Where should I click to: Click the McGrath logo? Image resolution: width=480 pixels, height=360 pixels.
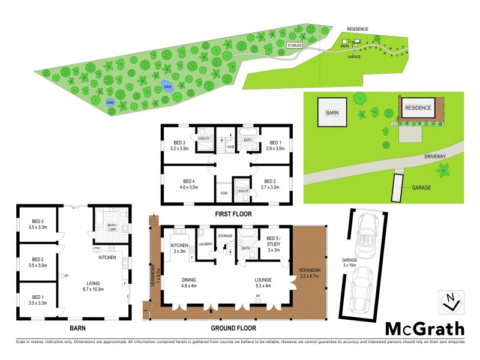coord(424,328)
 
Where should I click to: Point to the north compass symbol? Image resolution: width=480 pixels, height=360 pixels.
coord(452,302)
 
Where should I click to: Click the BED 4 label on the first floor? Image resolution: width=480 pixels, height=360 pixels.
coord(190,184)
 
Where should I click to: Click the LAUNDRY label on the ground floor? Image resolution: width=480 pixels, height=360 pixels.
coord(206,243)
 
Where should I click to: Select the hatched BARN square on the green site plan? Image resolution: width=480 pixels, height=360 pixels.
coord(332,112)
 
